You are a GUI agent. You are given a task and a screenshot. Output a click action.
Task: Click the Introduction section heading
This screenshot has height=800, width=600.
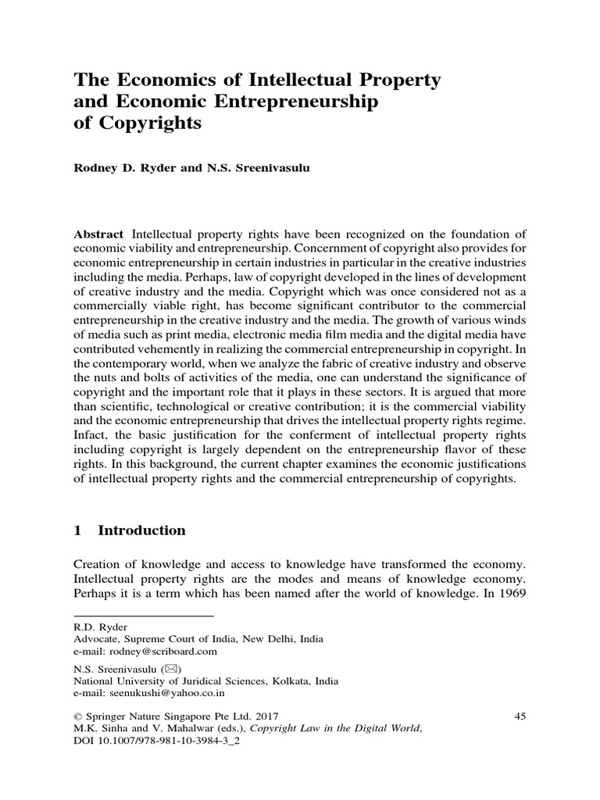141,530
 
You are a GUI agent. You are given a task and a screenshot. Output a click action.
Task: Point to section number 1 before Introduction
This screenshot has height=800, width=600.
77,530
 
